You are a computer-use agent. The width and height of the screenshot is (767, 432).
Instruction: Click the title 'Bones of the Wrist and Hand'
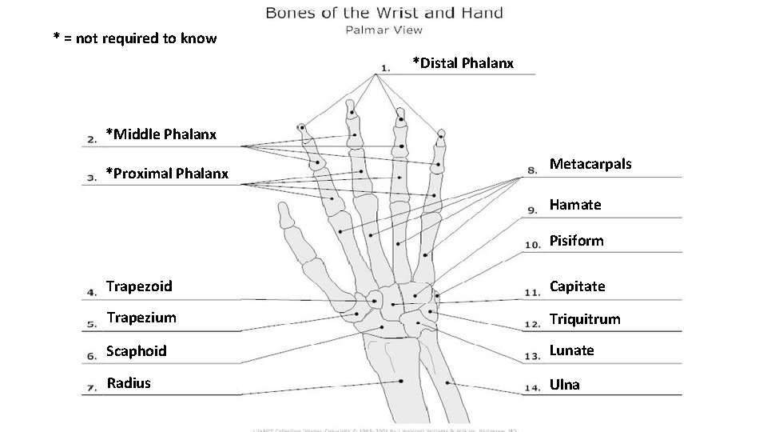[x=383, y=13]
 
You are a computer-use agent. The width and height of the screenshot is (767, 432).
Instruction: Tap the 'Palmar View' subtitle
[x=383, y=30]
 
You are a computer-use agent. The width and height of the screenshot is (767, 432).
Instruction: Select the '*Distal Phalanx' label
[x=463, y=62]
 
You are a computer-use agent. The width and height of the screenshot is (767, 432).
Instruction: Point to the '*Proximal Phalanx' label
[x=167, y=173]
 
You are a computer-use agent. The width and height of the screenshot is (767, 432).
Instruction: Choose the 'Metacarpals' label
[x=590, y=164]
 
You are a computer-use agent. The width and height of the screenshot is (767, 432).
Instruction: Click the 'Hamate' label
[x=575, y=205]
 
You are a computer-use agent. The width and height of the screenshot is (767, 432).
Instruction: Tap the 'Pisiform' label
[x=576, y=241]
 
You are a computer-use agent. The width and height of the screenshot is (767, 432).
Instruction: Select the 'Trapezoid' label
[x=140, y=286]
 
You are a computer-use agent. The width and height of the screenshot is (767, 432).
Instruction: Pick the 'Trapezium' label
[x=141, y=318]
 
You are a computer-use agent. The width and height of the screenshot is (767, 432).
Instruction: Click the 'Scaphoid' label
[x=137, y=350]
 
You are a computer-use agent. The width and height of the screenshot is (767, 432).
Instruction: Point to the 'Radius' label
[x=129, y=382]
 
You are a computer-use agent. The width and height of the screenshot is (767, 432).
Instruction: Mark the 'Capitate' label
[x=577, y=286]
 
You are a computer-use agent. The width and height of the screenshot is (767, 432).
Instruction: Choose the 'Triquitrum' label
[x=584, y=319]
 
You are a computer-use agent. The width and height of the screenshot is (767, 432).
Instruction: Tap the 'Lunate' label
[x=571, y=350]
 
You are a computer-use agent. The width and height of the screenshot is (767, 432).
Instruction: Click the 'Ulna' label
[x=564, y=385]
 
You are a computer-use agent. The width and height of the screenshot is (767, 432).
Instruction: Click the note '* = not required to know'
[x=134, y=38]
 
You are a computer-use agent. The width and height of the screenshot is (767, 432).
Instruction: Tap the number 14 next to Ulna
[x=531, y=389]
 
